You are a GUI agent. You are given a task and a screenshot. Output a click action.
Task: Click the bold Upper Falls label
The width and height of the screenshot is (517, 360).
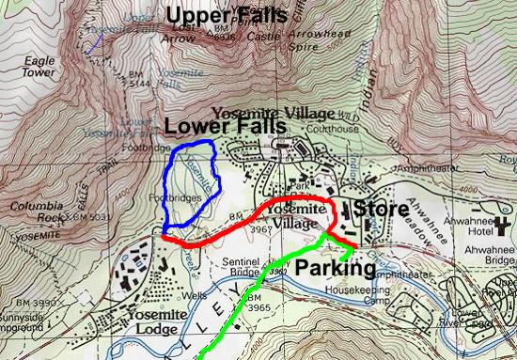(218, 14)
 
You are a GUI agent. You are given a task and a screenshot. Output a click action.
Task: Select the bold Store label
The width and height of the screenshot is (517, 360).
(381, 208)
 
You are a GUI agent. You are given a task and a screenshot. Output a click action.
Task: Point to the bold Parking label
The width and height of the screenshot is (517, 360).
(336, 270)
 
